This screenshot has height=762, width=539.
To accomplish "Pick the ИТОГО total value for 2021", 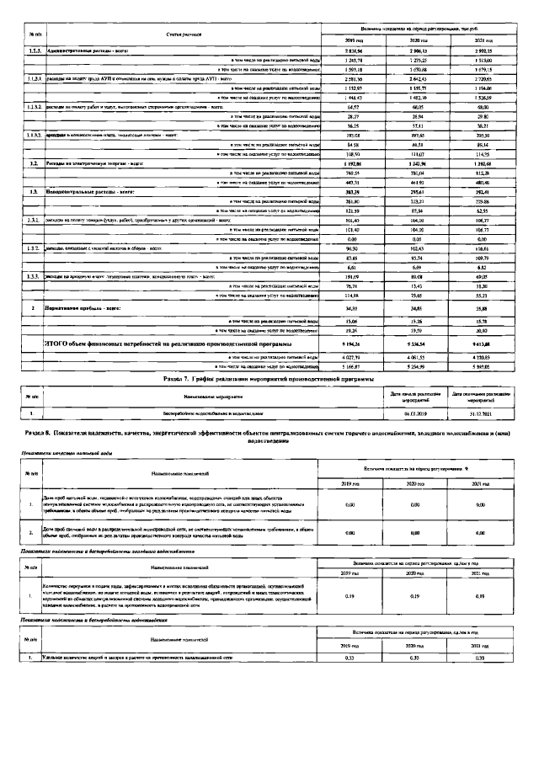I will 482,345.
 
